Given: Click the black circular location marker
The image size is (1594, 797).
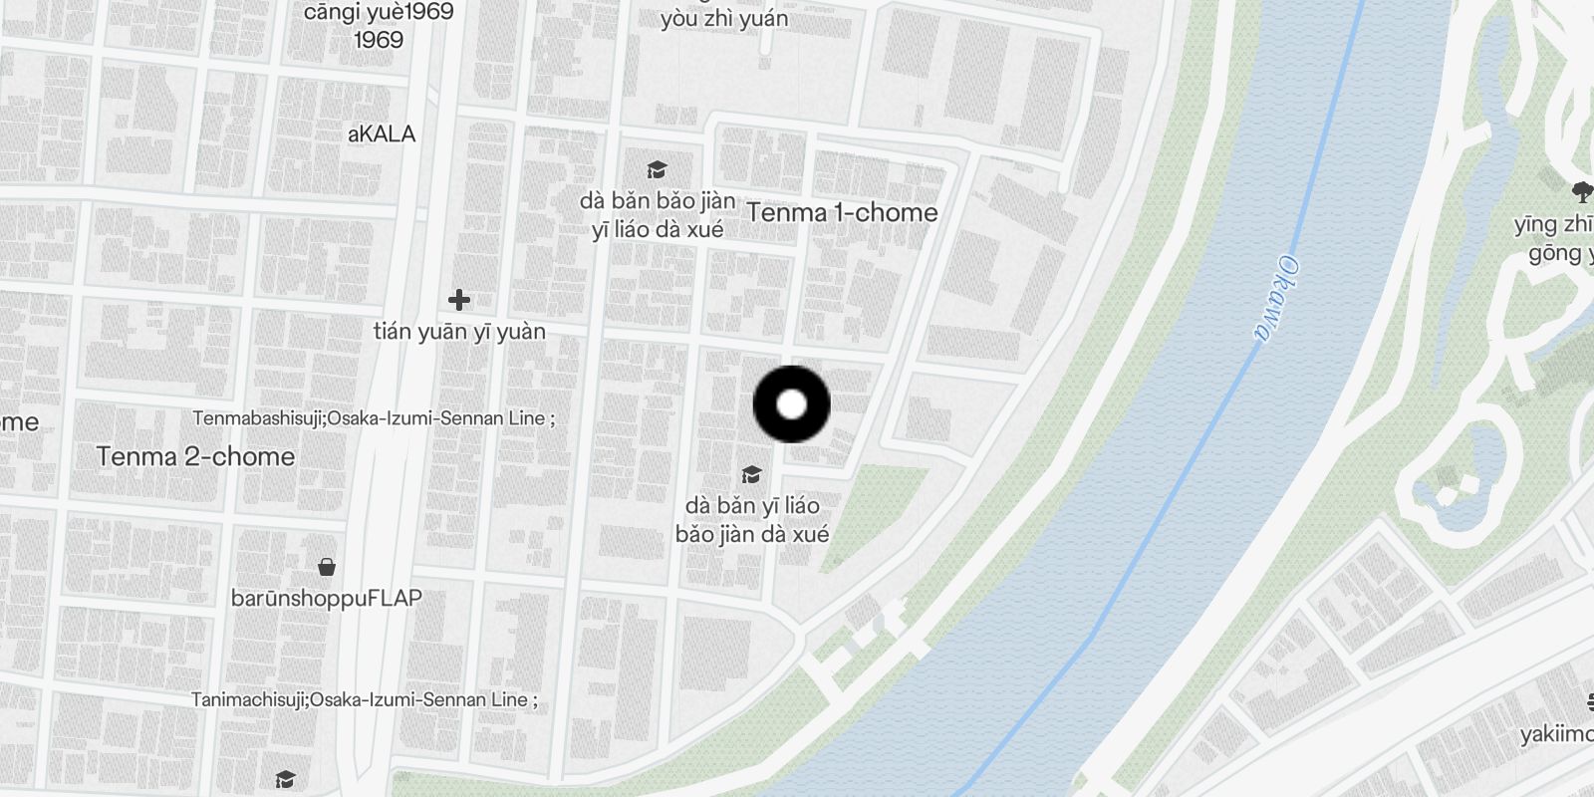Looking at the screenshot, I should click(x=791, y=404).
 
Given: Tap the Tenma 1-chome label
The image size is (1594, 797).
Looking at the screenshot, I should click(x=842, y=212).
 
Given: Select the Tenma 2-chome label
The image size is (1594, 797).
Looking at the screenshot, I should click(x=195, y=456).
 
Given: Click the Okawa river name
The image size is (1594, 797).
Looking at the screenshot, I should click(x=1276, y=299).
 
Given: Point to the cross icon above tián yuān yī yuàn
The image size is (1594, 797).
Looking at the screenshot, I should click(x=458, y=299).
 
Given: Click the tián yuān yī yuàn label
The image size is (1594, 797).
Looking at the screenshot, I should click(x=459, y=332).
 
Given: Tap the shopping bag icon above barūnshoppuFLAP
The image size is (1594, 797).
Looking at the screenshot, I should click(x=326, y=568).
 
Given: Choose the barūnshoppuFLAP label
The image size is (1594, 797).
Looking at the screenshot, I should click(x=326, y=598).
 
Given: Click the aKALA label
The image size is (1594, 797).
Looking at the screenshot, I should click(x=382, y=133).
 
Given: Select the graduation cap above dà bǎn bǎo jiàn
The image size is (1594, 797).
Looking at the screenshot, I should click(x=657, y=170).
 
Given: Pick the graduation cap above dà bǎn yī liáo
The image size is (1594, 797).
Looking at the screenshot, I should click(x=751, y=475).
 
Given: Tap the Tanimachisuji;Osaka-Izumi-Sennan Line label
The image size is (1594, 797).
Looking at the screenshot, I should click(x=364, y=699).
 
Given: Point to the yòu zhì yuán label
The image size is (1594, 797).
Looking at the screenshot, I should click(x=723, y=18).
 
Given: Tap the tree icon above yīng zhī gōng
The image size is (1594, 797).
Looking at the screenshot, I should click(x=1581, y=192).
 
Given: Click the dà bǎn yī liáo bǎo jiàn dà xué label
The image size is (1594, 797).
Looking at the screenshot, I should click(x=752, y=520).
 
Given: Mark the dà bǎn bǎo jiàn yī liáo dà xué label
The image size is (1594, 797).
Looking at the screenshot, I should click(x=658, y=215).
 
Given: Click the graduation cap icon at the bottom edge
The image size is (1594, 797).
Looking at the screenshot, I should click(x=286, y=779).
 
